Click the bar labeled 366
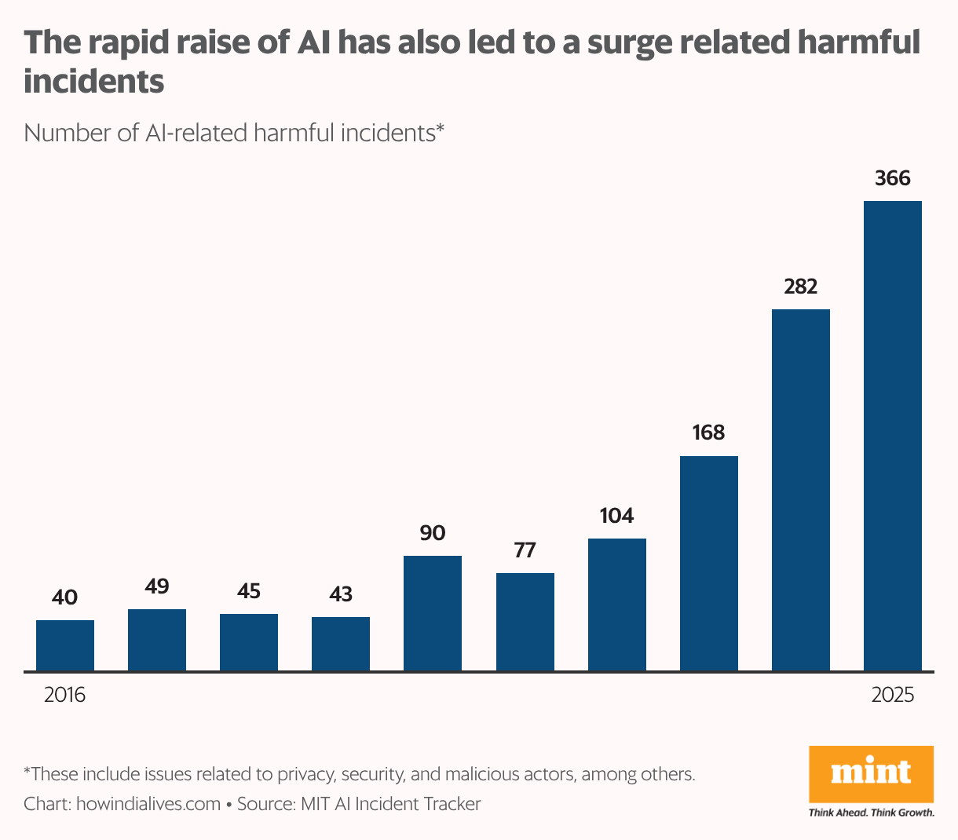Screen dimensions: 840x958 [892, 436]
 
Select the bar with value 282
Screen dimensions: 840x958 [800, 490]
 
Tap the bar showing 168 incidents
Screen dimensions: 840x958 [708, 563]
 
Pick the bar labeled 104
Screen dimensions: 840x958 [616, 604]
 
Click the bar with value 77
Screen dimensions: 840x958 [525, 622]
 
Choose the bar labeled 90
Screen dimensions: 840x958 [432, 613]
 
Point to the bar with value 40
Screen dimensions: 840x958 [65, 645]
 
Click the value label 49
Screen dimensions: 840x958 [157, 586]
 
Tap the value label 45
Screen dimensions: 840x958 [249, 591]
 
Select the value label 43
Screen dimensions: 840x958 [341, 594]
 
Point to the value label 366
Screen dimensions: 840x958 [892, 178]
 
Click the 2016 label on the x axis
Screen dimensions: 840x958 [64, 695]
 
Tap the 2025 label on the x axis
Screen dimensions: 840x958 [893, 695]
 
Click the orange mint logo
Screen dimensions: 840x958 [871, 773]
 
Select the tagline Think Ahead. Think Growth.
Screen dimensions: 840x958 [871, 813]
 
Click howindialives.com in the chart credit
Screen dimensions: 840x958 [148, 804]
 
